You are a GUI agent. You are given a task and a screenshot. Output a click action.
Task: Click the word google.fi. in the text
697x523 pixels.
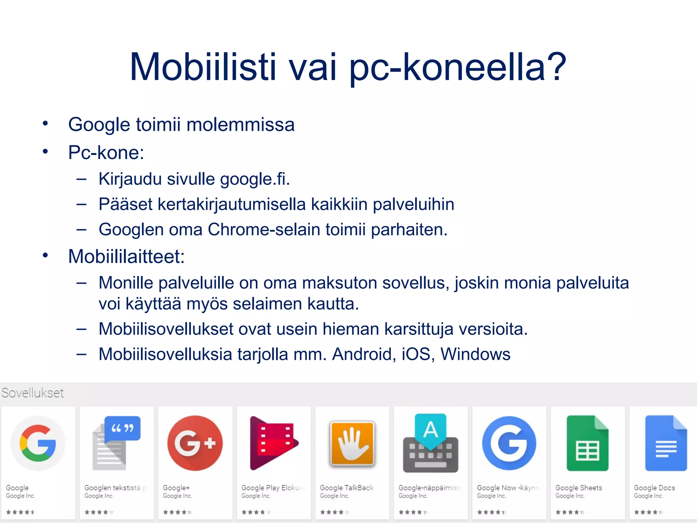pos(255,179)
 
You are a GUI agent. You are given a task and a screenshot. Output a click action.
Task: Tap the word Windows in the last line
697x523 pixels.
pos(475,354)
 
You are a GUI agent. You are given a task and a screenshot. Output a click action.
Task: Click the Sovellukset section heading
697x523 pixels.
pos(33,393)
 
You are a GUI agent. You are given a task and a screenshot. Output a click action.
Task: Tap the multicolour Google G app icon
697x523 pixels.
pos(38,443)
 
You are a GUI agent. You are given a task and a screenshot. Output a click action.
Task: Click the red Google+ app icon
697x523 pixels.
pos(195,443)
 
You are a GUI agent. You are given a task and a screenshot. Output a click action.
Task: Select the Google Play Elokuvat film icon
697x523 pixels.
pos(273,443)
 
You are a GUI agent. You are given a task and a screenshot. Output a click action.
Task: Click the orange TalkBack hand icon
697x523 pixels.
pos(352,443)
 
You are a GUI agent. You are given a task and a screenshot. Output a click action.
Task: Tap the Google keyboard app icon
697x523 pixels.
pos(431,443)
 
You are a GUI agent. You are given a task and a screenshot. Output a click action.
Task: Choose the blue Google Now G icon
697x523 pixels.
pos(509,443)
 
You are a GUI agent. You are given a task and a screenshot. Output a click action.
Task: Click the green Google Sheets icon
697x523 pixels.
pos(587,443)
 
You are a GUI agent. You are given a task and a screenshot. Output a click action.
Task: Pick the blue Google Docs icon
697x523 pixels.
pos(666,443)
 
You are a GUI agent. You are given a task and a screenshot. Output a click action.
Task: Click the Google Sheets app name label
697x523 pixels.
pos(579,488)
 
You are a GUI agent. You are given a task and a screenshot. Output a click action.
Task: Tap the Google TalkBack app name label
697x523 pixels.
pos(346,488)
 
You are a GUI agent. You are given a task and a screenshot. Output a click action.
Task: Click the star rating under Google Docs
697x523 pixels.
pos(648,512)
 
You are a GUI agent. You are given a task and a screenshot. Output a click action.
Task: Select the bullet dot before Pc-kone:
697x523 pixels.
pos(45,152)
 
